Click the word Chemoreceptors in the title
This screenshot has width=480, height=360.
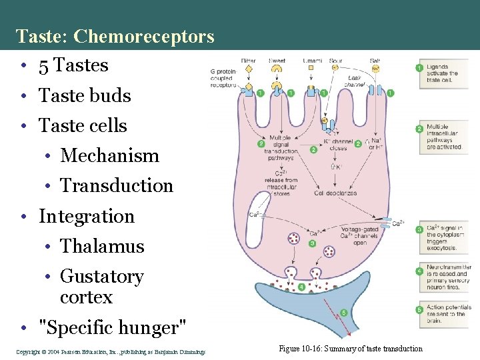tap(144, 36)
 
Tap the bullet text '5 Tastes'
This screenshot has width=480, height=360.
tap(73, 65)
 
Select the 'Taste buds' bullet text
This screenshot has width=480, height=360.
tap(85, 95)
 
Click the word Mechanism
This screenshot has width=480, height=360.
tap(109, 156)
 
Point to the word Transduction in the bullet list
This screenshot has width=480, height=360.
tap(117, 186)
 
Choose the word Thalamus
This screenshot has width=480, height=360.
tap(102, 246)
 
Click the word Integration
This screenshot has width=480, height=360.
tap(87, 216)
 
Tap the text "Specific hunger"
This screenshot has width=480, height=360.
tap(113, 327)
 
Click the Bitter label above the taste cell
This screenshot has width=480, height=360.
tap(248, 61)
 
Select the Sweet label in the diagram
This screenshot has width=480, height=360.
tap(277, 61)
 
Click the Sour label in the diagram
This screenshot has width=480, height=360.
tap(337, 61)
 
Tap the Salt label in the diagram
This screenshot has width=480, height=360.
tap(375, 61)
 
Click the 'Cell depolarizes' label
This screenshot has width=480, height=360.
tap(335, 193)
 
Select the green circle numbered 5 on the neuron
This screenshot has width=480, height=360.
tap(344, 312)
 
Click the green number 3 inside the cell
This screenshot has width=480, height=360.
tap(312, 244)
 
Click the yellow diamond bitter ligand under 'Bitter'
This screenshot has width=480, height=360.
tap(248, 69)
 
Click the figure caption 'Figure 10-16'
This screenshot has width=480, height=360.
tap(351, 349)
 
